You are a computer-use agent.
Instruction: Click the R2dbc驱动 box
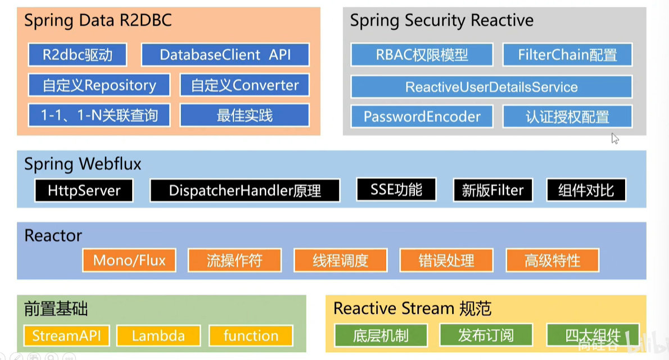click(x=77, y=55)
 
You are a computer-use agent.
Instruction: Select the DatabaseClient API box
click(x=225, y=55)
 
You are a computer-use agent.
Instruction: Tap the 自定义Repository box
click(x=99, y=85)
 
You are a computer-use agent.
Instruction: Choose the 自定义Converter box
click(x=245, y=85)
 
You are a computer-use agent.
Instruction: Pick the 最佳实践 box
click(x=245, y=116)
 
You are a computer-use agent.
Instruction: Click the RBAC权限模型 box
click(x=422, y=55)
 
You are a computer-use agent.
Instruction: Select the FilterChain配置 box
click(x=567, y=55)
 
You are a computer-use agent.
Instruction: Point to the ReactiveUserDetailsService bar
click(x=491, y=87)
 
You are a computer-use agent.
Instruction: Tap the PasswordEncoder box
click(x=422, y=117)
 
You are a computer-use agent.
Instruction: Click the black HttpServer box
click(x=84, y=191)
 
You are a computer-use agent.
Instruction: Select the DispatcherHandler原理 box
click(x=245, y=191)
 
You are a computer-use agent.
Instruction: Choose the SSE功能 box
click(x=396, y=190)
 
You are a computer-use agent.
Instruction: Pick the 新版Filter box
click(x=492, y=191)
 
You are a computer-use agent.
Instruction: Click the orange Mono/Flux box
click(x=129, y=260)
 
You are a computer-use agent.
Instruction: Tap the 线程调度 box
click(x=340, y=260)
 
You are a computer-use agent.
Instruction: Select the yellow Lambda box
click(x=159, y=336)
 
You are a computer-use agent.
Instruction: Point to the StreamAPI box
click(x=66, y=336)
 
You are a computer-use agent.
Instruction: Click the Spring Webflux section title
click(x=83, y=164)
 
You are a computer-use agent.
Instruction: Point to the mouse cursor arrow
click(x=614, y=138)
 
